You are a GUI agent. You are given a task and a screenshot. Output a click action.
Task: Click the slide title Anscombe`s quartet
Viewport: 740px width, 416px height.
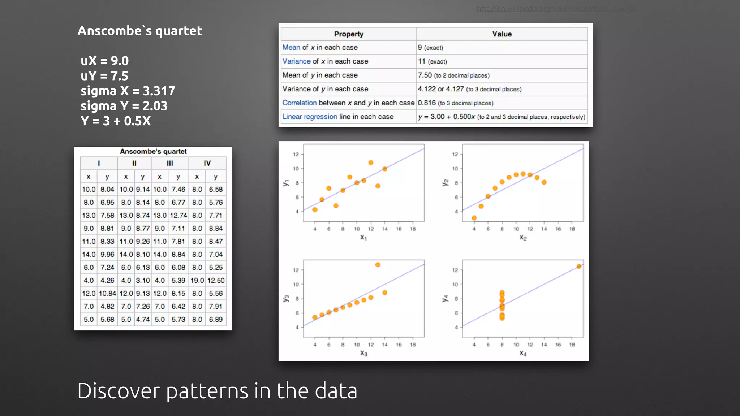140,31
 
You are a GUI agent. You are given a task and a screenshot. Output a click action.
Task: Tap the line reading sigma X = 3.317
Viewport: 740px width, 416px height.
128,91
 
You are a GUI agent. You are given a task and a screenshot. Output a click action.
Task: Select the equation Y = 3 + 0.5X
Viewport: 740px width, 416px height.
116,121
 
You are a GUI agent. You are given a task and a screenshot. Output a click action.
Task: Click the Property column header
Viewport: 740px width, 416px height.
349,34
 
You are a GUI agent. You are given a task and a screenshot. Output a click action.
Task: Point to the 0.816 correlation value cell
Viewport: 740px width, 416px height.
427,103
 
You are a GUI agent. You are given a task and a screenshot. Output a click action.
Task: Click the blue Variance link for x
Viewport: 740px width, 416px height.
296,61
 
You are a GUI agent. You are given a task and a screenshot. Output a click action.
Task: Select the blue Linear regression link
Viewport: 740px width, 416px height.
310,117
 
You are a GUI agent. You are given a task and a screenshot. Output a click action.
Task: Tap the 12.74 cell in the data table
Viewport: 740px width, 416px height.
178,216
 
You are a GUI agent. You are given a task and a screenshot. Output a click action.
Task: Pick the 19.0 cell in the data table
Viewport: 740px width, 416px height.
197,281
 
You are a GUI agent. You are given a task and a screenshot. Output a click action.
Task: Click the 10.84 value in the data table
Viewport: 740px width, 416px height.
107,294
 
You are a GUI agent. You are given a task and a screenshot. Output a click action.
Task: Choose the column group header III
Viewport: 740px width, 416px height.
170,163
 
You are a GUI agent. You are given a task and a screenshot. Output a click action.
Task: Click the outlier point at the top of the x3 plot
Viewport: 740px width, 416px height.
378,265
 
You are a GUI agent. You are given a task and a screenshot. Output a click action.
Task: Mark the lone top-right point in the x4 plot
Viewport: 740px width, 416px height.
579,266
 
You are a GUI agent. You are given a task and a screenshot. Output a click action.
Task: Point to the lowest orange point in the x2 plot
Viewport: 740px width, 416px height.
474,218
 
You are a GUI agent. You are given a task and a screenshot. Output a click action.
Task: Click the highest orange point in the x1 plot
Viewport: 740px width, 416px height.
371,163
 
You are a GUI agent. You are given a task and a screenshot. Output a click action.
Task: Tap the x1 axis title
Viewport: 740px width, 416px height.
363,238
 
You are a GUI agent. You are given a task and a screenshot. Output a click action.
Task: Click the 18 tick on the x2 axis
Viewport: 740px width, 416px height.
572,229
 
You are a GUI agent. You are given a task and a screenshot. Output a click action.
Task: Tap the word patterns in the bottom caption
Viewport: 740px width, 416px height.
207,391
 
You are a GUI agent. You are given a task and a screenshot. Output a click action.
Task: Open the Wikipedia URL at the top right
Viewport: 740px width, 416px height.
556,8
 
